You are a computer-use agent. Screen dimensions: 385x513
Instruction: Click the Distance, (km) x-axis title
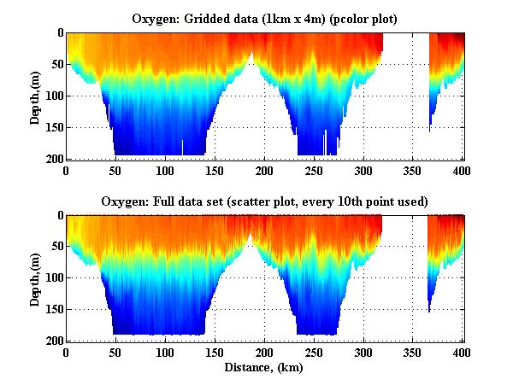pyautogui.click(x=264, y=368)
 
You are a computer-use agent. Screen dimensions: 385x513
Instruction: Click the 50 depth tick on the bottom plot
pyautogui.click(x=56, y=247)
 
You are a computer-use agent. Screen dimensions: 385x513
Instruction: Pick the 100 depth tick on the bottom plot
pyautogui.click(x=53, y=278)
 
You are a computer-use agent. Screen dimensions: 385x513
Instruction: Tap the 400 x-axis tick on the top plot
pyautogui.click(x=463, y=170)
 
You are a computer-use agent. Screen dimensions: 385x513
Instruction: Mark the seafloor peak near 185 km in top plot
pyautogui.click(x=251, y=54)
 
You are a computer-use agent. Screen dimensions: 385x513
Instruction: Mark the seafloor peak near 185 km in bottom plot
pyautogui.click(x=251, y=236)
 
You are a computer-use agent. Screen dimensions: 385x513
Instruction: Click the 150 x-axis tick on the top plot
pyautogui.click(x=215, y=170)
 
